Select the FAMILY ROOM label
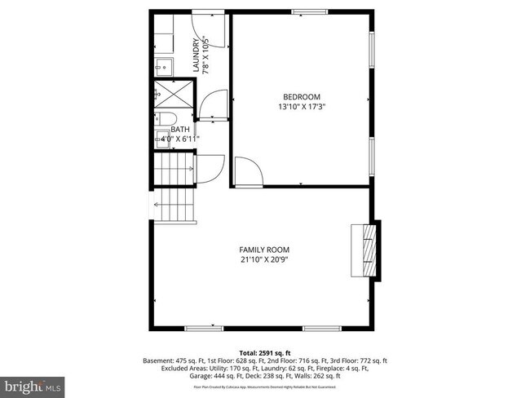(264, 250)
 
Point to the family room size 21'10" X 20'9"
(264, 260)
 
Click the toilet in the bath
(161, 118)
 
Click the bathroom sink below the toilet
(161, 140)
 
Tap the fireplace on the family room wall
(369, 251)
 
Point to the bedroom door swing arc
(248, 172)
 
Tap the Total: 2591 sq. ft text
(264, 352)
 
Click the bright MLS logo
(33, 383)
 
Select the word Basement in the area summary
(160, 360)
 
